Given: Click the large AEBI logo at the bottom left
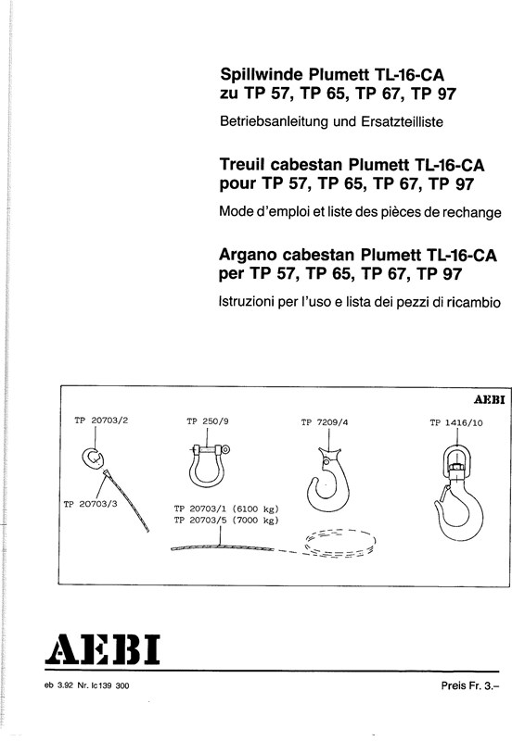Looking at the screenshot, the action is pos(102,650).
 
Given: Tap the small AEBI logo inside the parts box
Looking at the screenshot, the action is pos(490,400).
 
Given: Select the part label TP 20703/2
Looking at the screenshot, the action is pos(101,421).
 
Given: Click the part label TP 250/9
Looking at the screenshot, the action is pos(208,421).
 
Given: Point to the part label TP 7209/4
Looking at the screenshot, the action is pos(325,422).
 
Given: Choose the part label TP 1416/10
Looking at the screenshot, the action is pos(456,422).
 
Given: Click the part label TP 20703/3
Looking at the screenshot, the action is pos(90,504).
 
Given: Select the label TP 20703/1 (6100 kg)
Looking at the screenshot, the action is pos(226,509).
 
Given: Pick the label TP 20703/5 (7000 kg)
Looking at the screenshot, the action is pos(226,521).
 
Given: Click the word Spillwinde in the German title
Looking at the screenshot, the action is pos(261,75).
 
